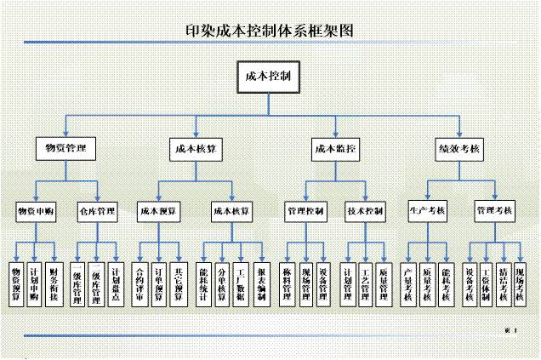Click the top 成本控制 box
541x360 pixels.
tap(268, 77)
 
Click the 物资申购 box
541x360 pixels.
tap(37, 210)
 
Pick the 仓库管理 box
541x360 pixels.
tap(97, 210)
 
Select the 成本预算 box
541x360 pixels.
tap(159, 210)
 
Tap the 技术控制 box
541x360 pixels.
tap(365, 210)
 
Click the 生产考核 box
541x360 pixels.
tap(427, 210)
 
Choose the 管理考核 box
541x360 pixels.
tap(494, 210)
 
